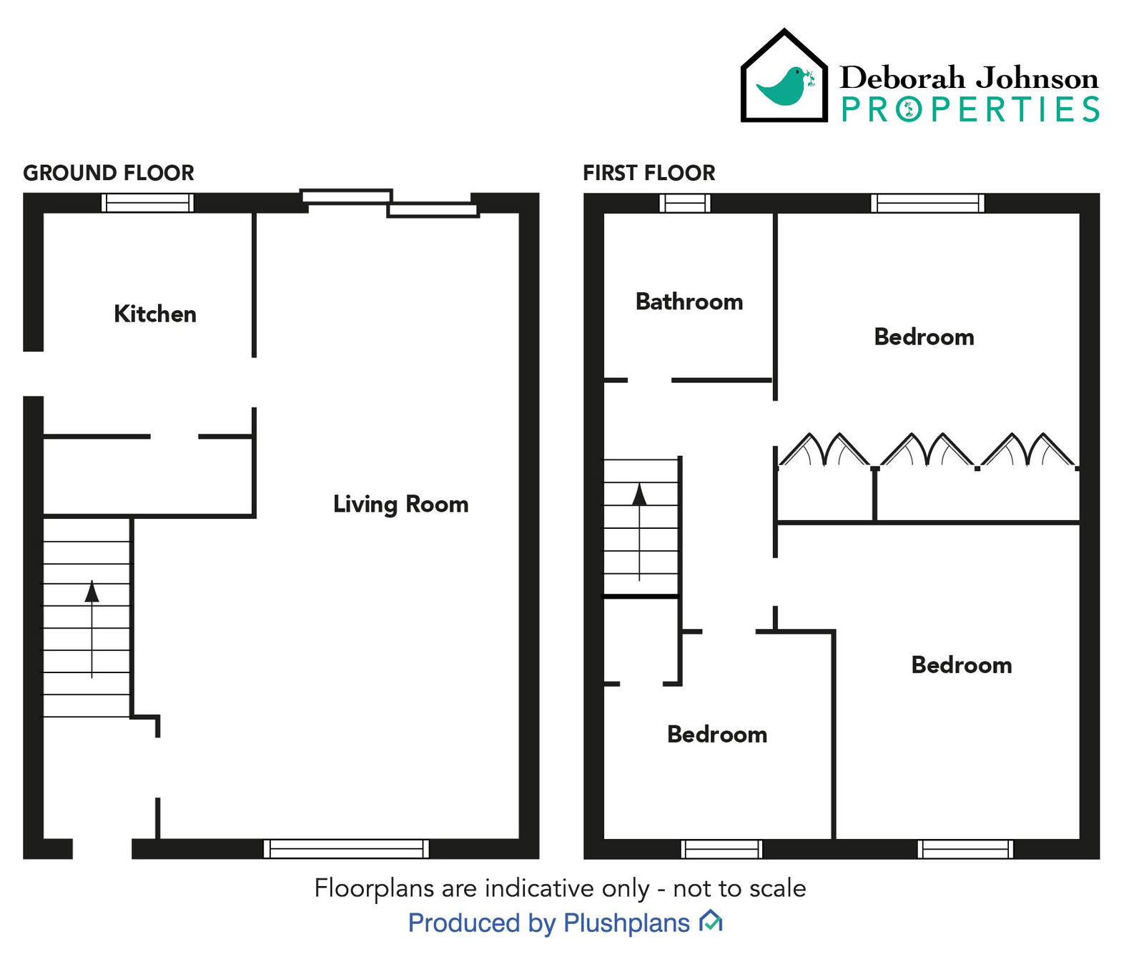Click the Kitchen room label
(x=154, y=314)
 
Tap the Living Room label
(x=400, y=504)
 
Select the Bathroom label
(x=689, y=302)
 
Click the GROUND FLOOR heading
(x=109, y=173)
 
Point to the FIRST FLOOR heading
(x=649, y=173)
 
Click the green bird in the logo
(x=785, y=86)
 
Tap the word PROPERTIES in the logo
(x=970, y=110)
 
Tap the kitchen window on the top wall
(x=147, y=203)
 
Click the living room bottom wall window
(x=346, y=849)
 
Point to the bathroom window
(x=684, y=203)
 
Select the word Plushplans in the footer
(x=626, y=923)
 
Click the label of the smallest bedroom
(x=716, y=734)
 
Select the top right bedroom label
(x=924, y=337)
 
